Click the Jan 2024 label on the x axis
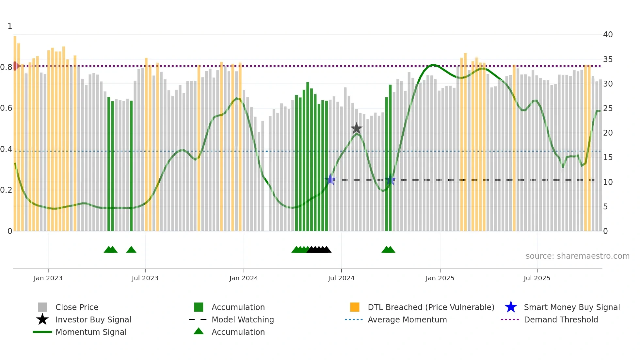click(x=244, y=278)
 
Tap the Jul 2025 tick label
click(x=537, y=278)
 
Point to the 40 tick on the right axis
click(x=608, y=35)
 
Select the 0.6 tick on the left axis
click(x=6, y=108)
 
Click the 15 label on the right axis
click(x=608, y=157)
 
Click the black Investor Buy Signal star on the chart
click(x=356, y=128)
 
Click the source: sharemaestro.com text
click(x=577, y=256)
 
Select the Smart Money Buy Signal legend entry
click(x=571, y=307)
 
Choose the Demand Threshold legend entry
click(x=561, y=319)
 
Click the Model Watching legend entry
click(x=242, y=319)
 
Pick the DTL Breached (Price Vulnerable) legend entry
click(x=431, y=307)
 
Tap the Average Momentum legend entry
click(x=407, y=319)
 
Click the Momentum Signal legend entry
click(x=91, y=332)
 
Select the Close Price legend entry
click(x=77, y=307)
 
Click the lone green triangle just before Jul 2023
click(x=131, y=250)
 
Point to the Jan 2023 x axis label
click(x=48, y=278)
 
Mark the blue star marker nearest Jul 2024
click(x=330, y=179)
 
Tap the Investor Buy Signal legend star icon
click(x=42, y=319)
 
